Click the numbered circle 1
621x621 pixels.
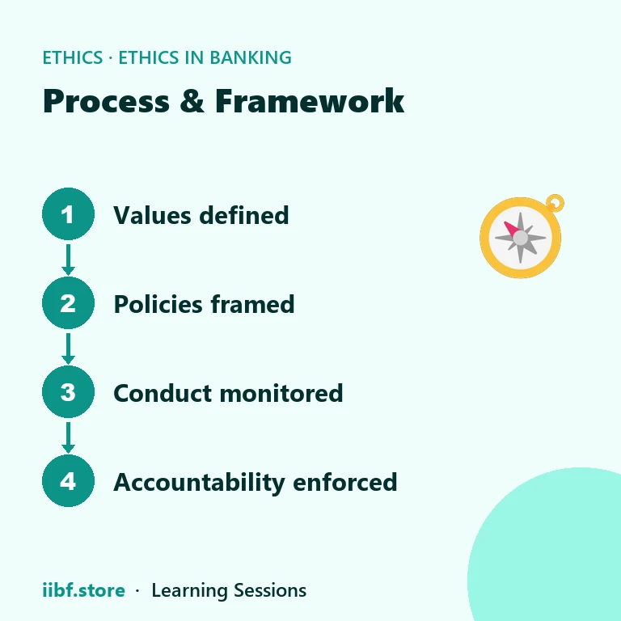click(x=68, y=213)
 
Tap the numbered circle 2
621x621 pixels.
click(x=68, y=303)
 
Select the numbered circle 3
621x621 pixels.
click(x=68, y=391)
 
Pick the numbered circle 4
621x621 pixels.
click(x=68, y=481)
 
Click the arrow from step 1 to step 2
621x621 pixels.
click(x=68, y=260)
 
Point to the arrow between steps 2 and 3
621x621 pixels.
click(x=68, y=349)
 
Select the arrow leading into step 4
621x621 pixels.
click(x=68, y=437)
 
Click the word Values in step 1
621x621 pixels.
click(x=152, y=215)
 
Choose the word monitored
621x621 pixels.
click(x=281, y=393)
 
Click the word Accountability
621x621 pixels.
click(x=199, y=483)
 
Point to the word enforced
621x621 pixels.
click(x=345, y=482)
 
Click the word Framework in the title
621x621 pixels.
click(x=310, y=101)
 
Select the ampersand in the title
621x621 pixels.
click(x=192, y=101)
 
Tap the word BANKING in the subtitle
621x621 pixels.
click(x=251, y=57)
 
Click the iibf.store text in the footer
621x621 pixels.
click(x=83, y=590)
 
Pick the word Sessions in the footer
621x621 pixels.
click(x=270, y=590)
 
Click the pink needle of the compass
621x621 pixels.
click(x=511, y=230)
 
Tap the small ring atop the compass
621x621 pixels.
click(x=555, y=203)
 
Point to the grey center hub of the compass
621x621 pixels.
click(x=521, y=238)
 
